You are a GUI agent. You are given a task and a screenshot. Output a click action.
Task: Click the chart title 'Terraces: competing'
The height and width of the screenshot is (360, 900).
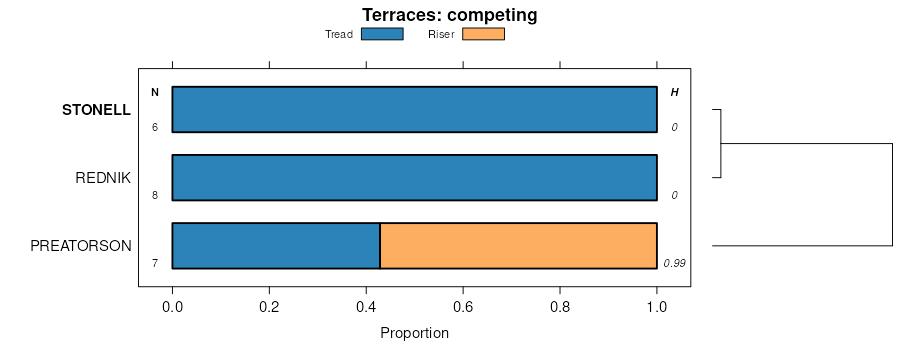449,15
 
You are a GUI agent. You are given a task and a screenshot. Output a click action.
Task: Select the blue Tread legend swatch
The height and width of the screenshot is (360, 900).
382,34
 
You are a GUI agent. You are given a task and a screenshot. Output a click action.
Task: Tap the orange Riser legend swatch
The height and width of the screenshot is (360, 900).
483,34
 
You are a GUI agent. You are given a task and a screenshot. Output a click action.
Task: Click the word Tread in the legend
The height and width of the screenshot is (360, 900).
339,34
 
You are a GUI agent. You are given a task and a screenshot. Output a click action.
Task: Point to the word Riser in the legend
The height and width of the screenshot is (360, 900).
441,34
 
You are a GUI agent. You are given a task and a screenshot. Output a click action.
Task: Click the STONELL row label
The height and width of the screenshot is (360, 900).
96,110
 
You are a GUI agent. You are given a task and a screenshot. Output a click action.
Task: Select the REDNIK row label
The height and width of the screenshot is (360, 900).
103,178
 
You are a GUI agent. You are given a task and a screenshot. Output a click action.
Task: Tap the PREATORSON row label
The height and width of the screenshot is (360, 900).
81,246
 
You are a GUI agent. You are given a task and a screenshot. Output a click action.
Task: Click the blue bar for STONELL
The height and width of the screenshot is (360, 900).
414,110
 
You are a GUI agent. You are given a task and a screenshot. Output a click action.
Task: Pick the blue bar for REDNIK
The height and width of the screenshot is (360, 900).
414,177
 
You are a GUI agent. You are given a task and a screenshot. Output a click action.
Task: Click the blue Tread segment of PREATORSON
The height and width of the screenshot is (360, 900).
276,246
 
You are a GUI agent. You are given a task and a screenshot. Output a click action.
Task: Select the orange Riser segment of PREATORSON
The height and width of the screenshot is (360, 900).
518,246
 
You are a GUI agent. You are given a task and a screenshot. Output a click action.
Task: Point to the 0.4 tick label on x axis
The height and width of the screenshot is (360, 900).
366,307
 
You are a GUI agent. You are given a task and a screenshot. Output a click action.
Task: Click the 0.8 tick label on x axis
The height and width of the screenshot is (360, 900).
560,307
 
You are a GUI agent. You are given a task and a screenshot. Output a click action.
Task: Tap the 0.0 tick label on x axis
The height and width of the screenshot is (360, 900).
172,307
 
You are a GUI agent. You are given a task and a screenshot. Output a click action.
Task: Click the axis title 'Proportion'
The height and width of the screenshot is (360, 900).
414,333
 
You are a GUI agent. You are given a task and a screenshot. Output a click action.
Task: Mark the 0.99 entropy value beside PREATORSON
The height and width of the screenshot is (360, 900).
674,264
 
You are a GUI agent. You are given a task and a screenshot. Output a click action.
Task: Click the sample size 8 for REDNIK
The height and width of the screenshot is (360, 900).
155,195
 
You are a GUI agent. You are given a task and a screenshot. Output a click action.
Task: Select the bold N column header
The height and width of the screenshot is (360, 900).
155,92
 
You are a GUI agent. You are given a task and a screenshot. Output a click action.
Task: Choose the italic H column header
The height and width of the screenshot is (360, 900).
674,92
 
